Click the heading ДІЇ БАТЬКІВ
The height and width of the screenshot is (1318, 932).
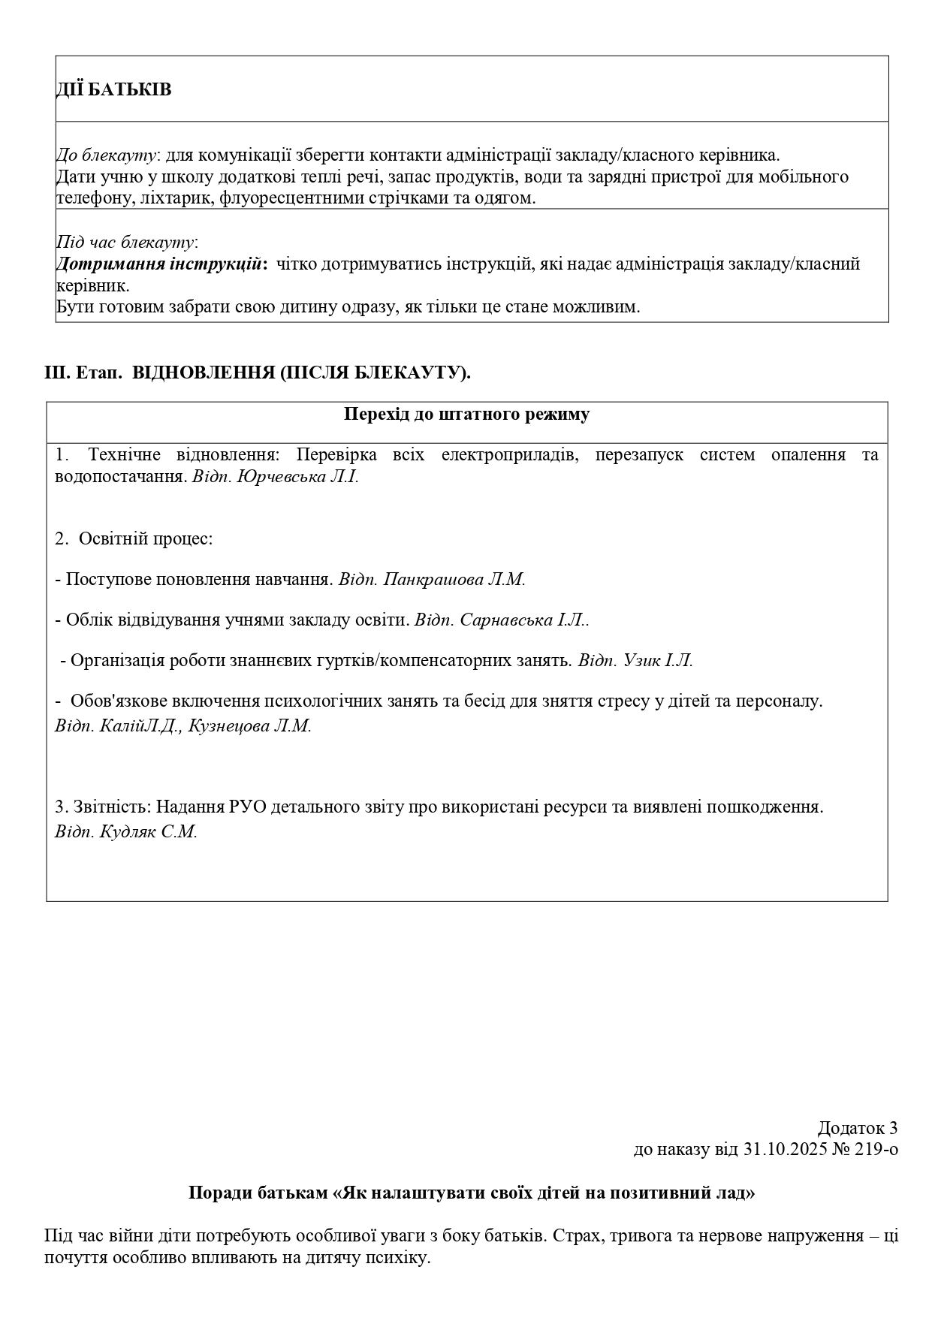113,90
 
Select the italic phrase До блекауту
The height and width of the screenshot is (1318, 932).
107,156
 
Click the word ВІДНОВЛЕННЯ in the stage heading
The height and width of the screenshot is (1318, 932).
203,372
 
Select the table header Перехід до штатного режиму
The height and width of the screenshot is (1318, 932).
466,415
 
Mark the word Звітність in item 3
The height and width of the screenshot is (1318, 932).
113,807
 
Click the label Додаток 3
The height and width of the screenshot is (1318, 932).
857,1128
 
